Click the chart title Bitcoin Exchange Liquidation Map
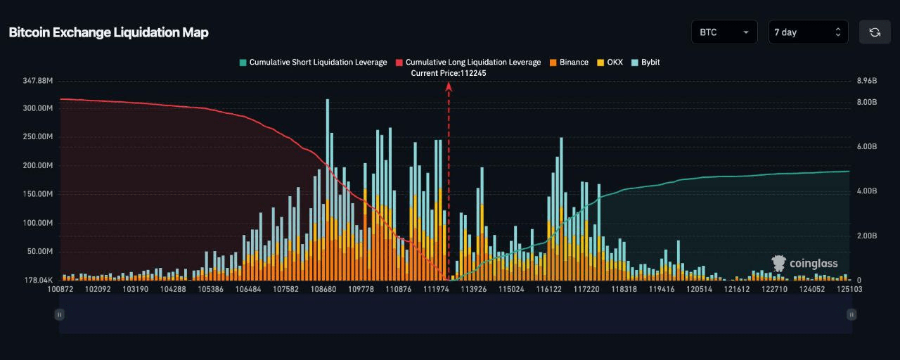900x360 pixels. (x=108, y=32)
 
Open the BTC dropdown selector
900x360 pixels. (x=724, y=32)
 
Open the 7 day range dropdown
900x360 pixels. (x=808, y=32)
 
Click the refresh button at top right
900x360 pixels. (x=875, y=32)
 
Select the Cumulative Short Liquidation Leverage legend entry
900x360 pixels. (x=313, y=62)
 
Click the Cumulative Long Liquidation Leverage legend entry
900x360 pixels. (x=468, y=62)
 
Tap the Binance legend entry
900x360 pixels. (x=569, y=62)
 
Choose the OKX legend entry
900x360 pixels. (x=610, y=62)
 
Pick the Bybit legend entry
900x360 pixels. (x=645, y=62)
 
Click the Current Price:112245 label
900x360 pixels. (x=449, y=73)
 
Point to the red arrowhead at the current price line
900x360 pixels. (x=449, y=86)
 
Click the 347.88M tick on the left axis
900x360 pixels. (x=39, y=81)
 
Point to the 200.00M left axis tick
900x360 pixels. (x=39, y=165)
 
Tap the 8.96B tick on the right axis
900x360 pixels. (x=867, y=81)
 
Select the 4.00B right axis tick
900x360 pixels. (x=867, y=191)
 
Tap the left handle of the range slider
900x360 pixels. (x=60, y=314)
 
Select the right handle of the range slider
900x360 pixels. (x=851, y=314)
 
